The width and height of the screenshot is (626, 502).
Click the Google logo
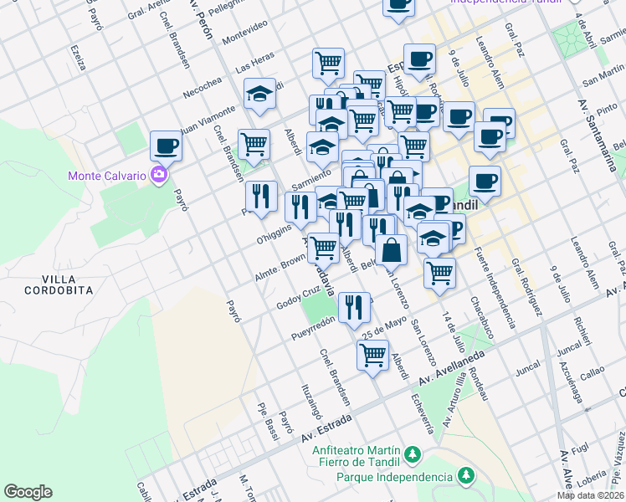(28, 492)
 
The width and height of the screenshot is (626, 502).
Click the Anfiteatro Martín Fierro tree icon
(411, 455)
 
